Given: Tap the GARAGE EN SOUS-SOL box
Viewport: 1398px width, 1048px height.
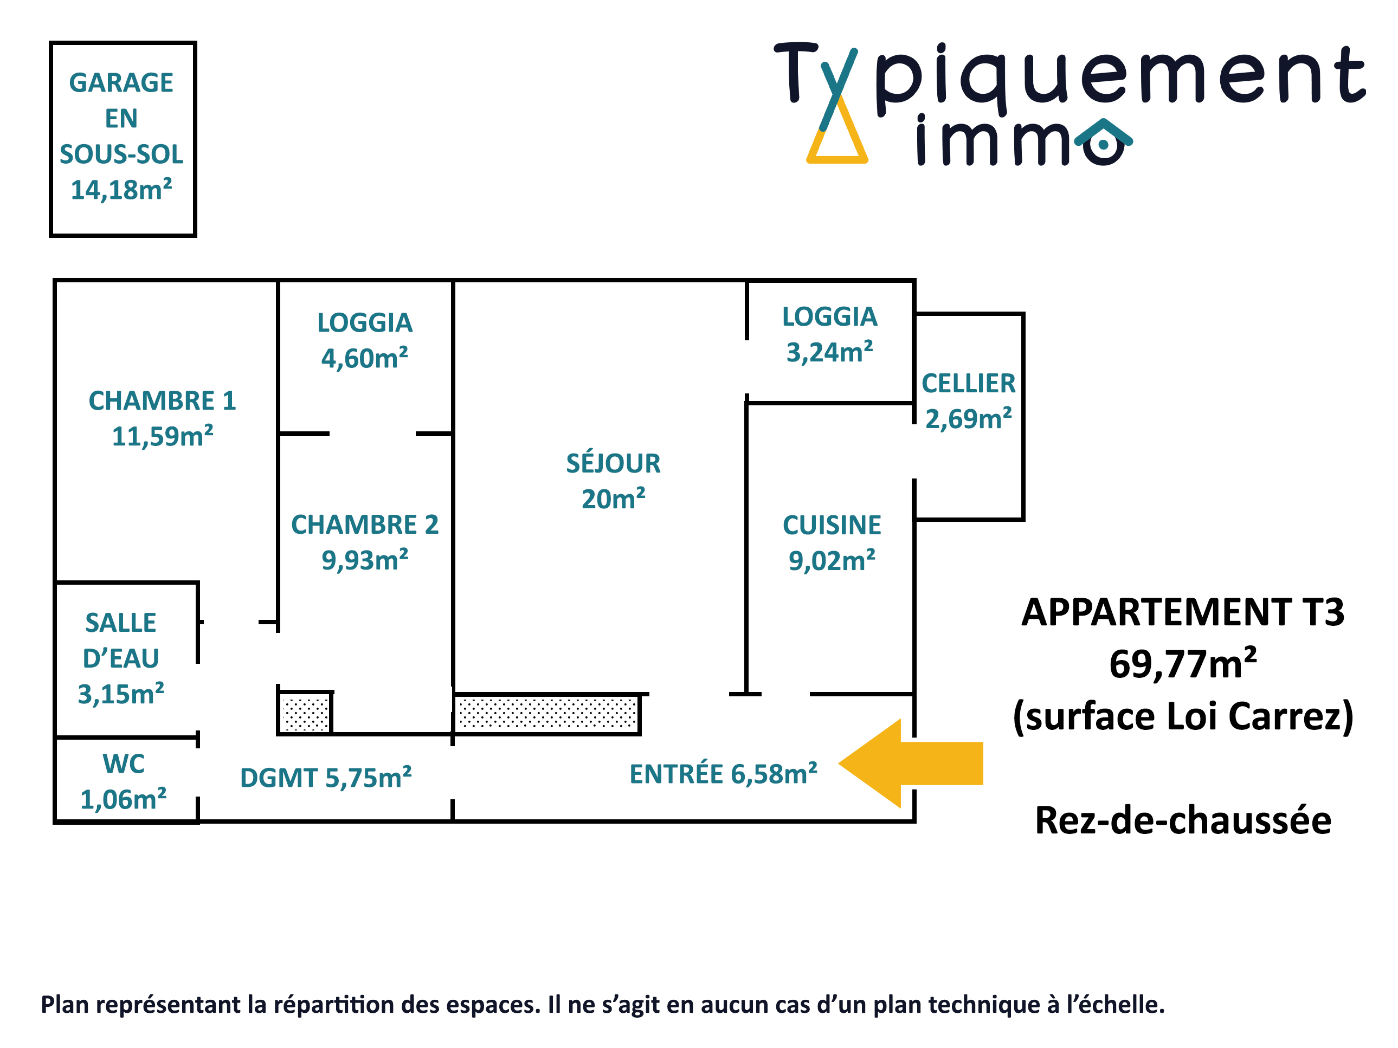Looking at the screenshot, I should [123, 138].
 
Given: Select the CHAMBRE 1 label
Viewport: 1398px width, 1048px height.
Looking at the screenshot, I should [163, 418].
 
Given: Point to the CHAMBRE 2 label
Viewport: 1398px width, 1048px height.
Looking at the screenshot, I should [365, 542].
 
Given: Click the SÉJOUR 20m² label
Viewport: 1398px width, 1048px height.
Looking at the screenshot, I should [613, 481].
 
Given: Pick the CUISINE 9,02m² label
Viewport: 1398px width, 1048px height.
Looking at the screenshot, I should [832, 542].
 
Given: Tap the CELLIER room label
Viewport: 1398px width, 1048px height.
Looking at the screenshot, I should [968, 400].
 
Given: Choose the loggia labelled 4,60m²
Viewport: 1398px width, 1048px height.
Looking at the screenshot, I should [365, 340].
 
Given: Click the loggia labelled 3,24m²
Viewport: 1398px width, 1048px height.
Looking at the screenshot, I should [830, 334].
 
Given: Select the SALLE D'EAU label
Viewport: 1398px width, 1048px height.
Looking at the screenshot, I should [121, 658].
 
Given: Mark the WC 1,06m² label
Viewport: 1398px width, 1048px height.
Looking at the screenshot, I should [123, 781].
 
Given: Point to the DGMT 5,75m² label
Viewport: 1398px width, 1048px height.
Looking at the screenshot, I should [325, 778].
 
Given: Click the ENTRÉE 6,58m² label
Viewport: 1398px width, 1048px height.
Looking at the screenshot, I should [723, 774].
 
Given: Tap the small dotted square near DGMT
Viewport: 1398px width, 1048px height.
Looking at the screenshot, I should [305, 713].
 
